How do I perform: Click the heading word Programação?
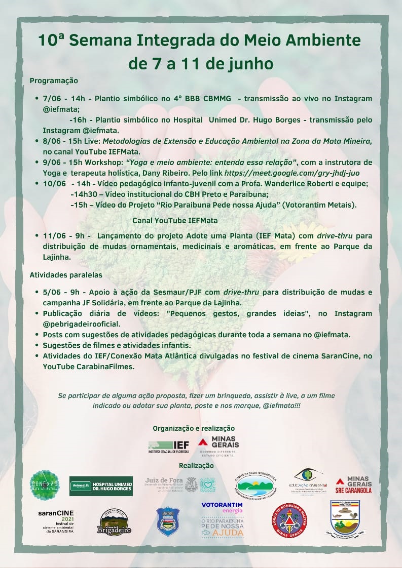pos(54,80)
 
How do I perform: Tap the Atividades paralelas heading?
pos(66,275)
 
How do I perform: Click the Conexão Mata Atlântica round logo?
pos(45,485)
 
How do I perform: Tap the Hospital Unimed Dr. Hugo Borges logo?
pos(101,485)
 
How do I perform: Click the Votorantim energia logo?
pos(222,507)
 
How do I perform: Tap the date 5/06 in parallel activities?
pos(51,293)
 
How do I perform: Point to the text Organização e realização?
pos(194,428)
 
